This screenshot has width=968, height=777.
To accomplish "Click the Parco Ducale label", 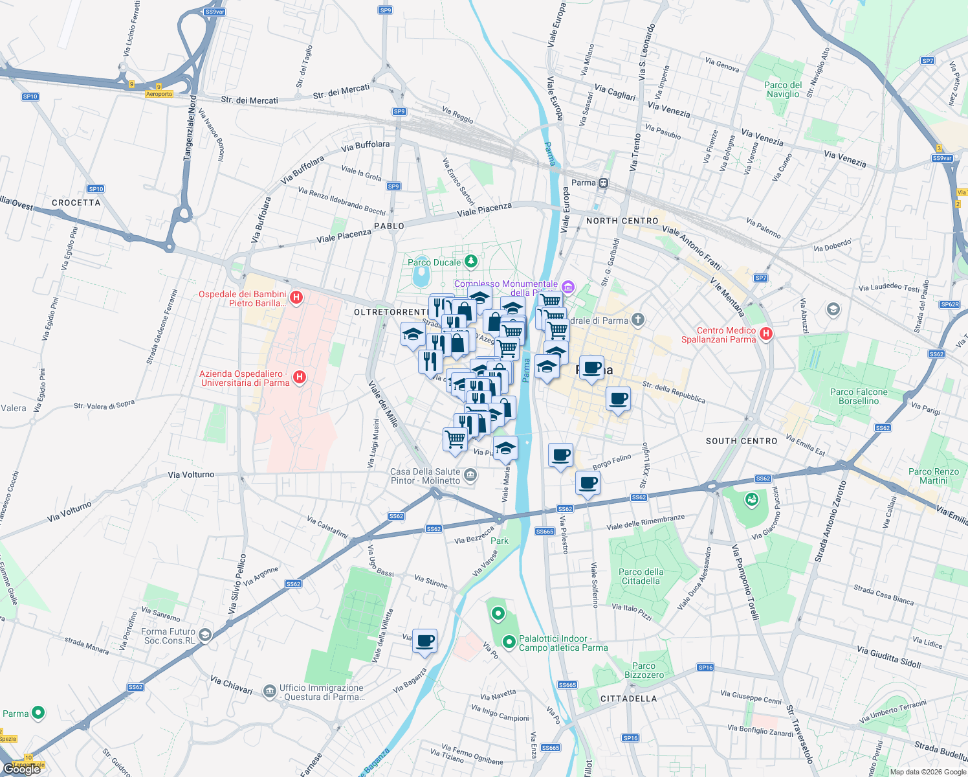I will tap(434, 262).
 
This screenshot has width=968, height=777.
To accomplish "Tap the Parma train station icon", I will tap(603, 183).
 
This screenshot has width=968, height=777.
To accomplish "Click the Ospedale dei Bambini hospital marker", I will tap(296, 298).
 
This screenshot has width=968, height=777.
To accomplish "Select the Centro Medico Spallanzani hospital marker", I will tap(766, 334).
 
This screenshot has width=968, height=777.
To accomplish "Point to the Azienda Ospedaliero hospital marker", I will tap(299, 377).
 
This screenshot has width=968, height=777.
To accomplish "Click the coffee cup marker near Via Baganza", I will tap(424, 641).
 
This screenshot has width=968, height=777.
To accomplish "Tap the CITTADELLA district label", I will tap(628, 699).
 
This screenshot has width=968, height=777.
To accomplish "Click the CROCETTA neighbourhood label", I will tap(76, 203).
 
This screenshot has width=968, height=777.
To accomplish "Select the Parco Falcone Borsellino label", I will tap(859, 396).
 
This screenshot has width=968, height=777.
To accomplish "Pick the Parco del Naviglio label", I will tap(783, 89).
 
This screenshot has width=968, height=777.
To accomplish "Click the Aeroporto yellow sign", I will tap(159, 94).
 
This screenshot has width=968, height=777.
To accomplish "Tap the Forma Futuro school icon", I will tap(205, 635).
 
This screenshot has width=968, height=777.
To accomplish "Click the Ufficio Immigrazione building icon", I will tap(270, 692).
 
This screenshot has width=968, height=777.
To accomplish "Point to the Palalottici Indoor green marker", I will tap(509, 642).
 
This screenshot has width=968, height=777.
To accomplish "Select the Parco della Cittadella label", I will tap(641, 576).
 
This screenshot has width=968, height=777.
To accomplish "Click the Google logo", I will tap(22, 769).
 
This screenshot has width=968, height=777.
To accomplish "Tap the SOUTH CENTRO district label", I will tap(742, 441).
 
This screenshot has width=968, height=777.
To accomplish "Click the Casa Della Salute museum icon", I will tap(470, 475).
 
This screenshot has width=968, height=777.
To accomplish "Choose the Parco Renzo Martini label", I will tap(933, 476).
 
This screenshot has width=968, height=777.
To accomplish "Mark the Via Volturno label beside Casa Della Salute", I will tap(191, 475).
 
